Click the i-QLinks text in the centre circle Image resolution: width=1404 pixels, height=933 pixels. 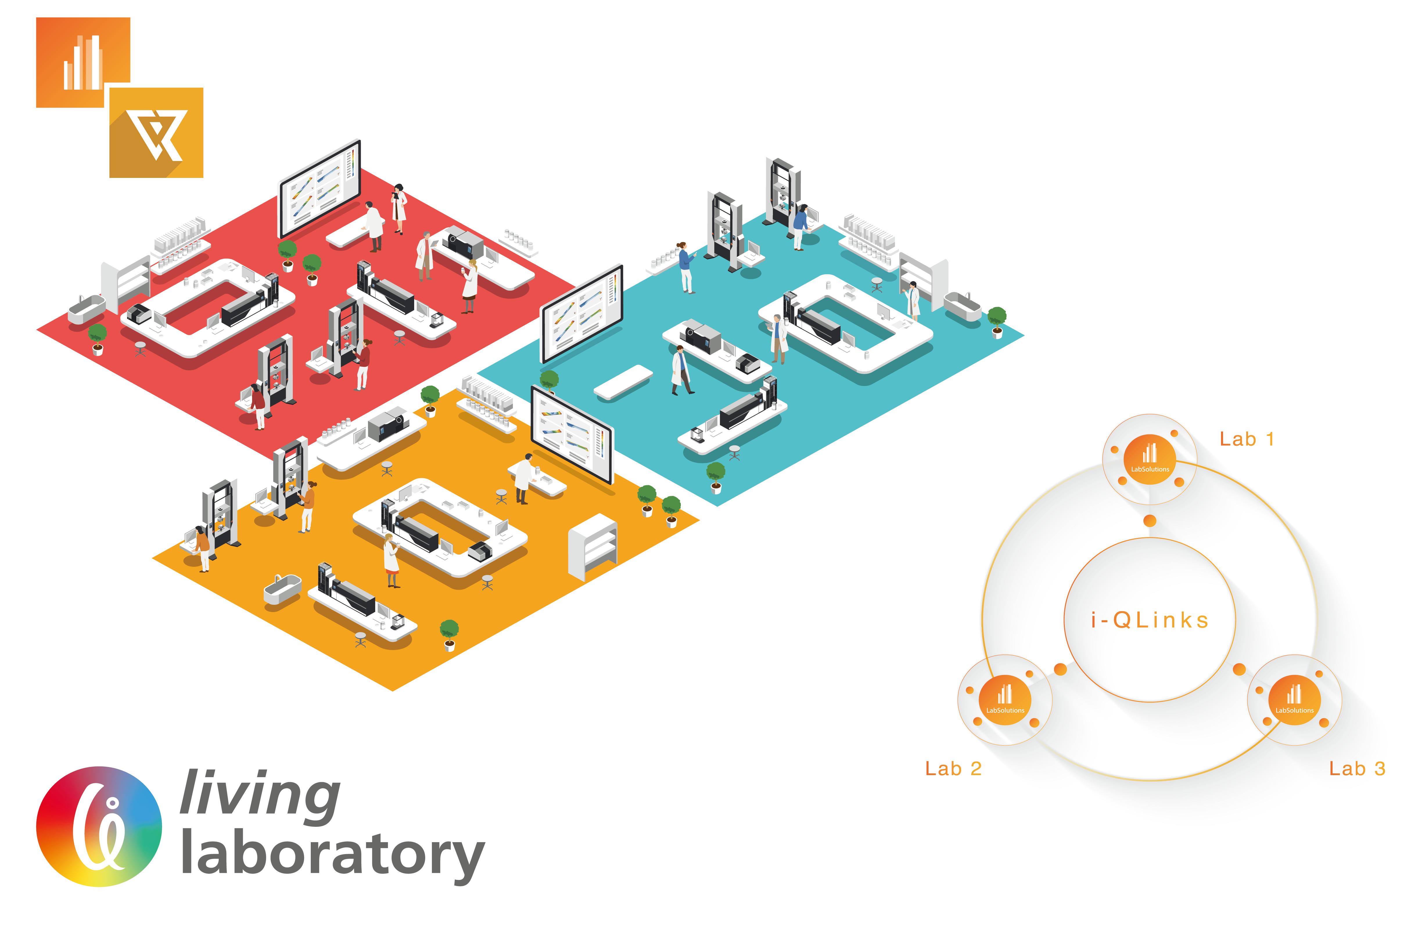[1149, 620]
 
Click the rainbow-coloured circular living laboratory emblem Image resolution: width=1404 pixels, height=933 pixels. [99, 826]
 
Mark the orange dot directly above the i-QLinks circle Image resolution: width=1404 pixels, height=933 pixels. [1149, 521]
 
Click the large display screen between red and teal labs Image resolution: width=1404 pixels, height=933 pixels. [581, 314]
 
